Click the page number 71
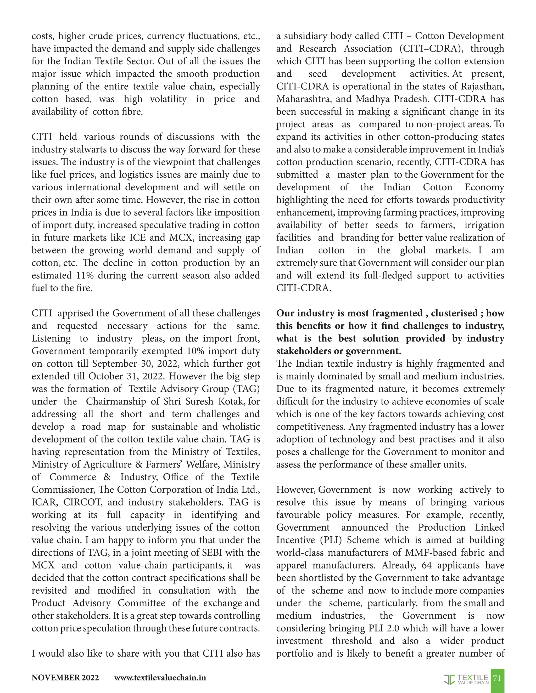(x=497, y=678)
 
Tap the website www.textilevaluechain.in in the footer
(x=160, y=678)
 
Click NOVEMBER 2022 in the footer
(x=65, y=678)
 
